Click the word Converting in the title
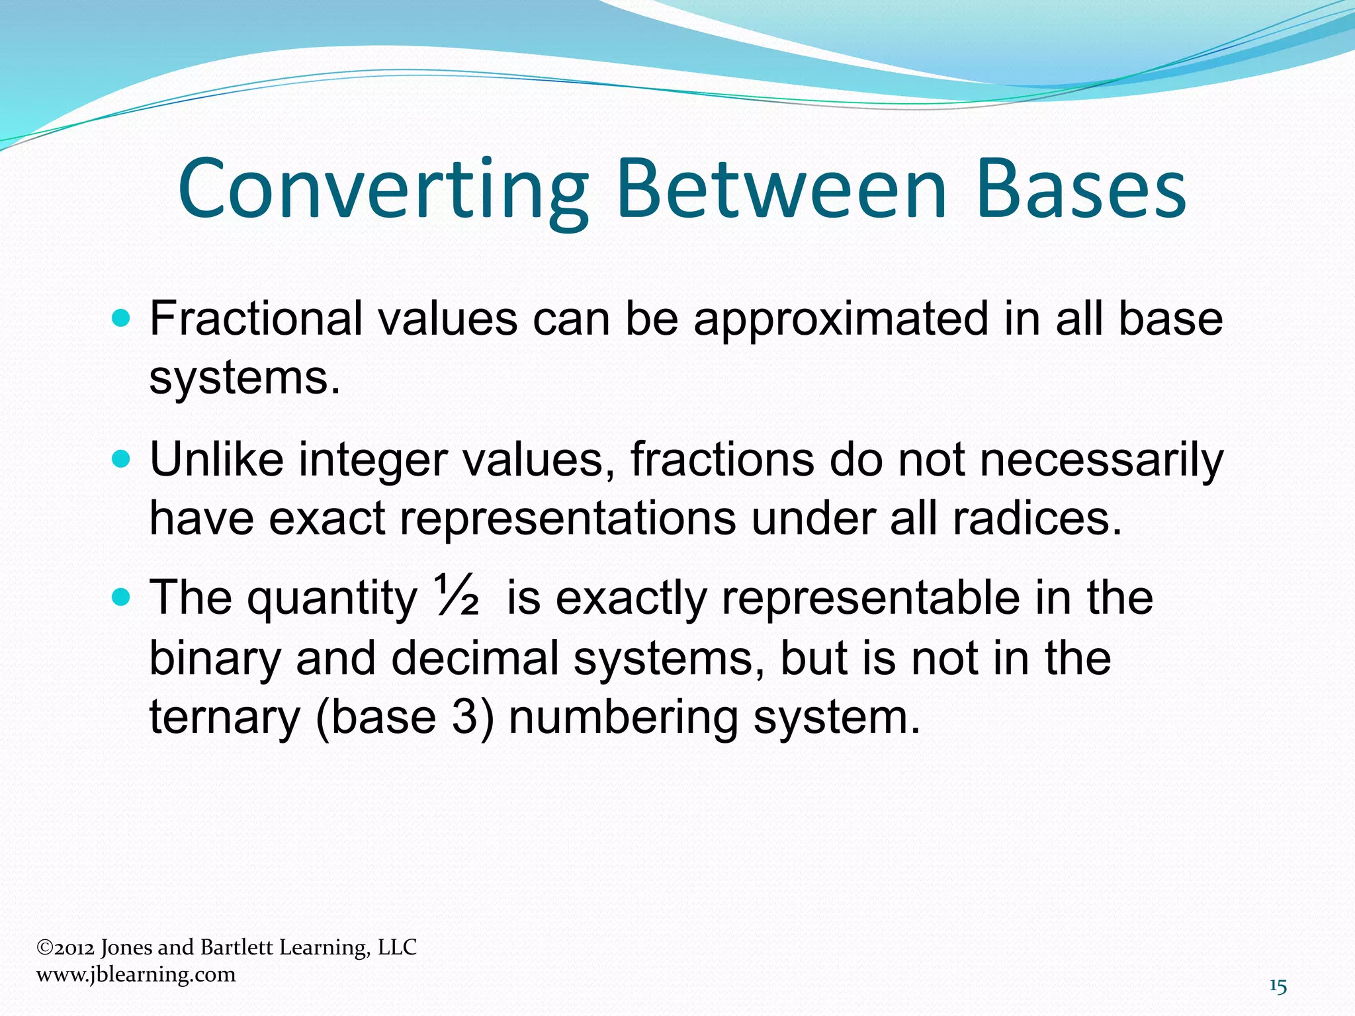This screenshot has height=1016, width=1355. pyautogui.click(x=382, y=190)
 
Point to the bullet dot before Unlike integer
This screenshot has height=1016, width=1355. pyautogui.click(x=122, y=459)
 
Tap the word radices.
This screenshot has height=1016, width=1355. pyautogui.click(x=1037, y=518)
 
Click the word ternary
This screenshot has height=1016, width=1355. pyautogui.click(x=224, y=718)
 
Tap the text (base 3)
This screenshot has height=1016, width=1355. pyautogui.click(x=404, y=718)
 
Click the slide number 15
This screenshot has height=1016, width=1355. pyautogui.click(x=1278, y=987)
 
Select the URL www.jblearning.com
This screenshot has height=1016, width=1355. pyautogui.click(x=136, y=974)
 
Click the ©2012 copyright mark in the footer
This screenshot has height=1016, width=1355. pyautogui.click(x=66, y=948)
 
